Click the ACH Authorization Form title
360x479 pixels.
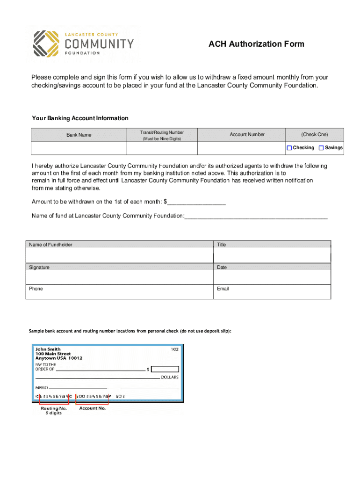[256, 44]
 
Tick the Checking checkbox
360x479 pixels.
[289, 148]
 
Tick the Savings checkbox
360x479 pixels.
[321, 148]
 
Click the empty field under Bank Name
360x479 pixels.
[79, 148]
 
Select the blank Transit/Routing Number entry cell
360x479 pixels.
[162, 148]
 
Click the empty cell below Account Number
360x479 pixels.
[241, 148]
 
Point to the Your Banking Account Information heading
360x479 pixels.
[80, 118]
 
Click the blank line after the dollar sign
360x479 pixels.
[196, 202]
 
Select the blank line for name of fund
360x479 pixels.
[256, 216]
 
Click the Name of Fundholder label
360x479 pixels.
[50, 245]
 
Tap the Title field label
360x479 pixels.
[222, 245]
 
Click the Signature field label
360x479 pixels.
[39, 268]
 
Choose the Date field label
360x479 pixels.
[222, 268]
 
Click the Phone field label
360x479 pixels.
[36, 289]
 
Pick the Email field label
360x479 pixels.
[223, 289]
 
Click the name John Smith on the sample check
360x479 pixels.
[48, 349]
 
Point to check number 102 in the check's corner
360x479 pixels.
[174, 349]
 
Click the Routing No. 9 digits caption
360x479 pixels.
[54, 411]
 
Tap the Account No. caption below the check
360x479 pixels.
[93, 408]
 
